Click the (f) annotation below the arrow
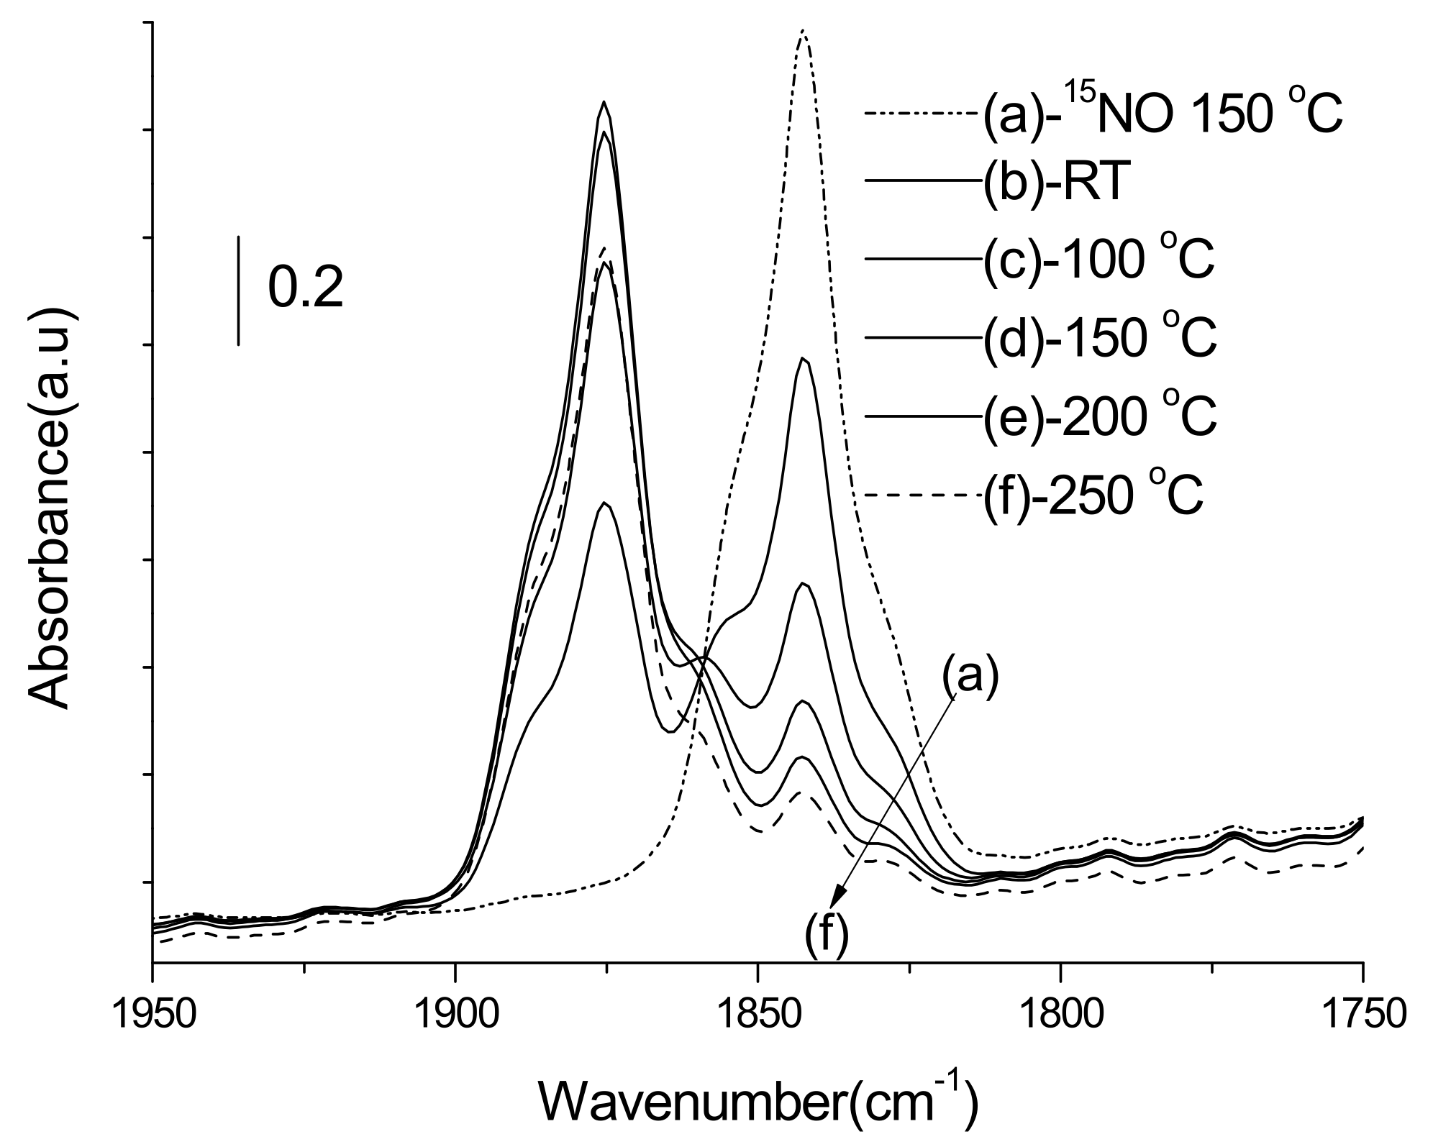[x=827, y=937]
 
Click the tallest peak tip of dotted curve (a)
[x=804, y=31]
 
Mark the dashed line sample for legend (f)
[x=921, y=495]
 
